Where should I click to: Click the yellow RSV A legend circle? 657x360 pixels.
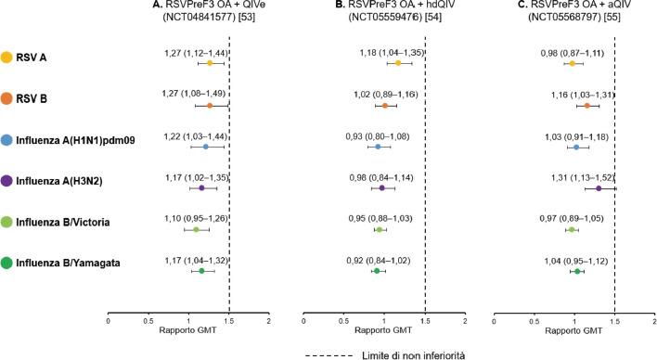click(x=7, y=58)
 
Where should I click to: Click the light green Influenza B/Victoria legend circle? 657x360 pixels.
click(x=7, y=225)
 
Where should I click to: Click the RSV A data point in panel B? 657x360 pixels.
click(x=398, y=63)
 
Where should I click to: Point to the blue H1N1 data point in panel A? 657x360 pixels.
click(x=206, y=147)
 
